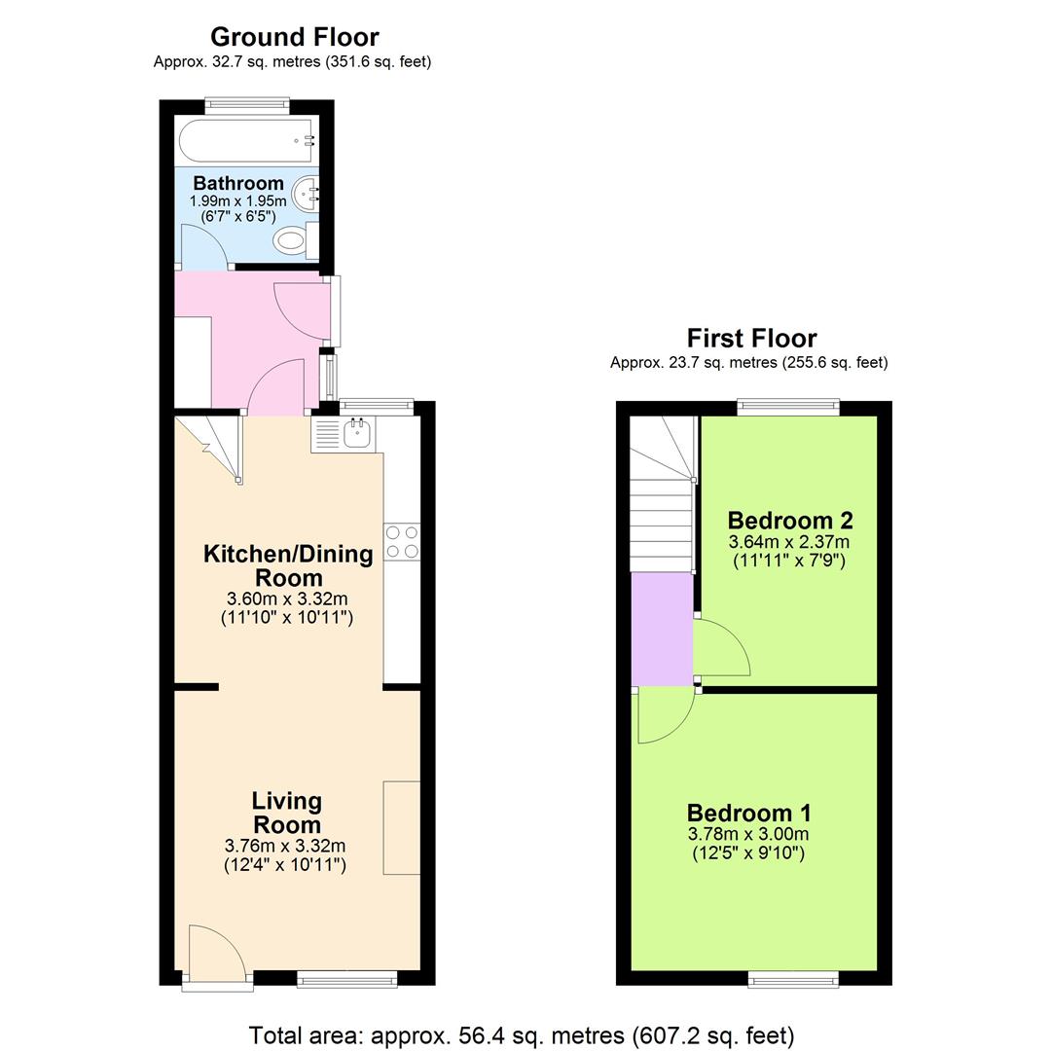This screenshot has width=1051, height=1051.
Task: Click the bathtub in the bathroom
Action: click(246, 142)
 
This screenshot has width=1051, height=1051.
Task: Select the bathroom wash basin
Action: click(308, 193)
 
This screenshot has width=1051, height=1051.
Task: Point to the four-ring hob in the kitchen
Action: click(402, 542)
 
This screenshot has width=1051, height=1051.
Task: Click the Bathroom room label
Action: click(238, 183)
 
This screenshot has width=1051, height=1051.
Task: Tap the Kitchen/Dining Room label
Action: click(287, 565)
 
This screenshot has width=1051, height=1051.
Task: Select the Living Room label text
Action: click(286, 813)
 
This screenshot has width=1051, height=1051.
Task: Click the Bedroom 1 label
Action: click(748, 813)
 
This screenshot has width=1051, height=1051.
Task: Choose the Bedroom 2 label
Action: click(789, 520)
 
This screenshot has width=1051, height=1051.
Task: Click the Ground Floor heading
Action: click(294, 37)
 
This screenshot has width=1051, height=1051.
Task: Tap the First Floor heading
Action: click(751, 338)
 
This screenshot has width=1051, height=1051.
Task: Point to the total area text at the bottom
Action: click(522, 1034)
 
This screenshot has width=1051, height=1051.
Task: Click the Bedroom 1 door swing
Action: click(662, 714)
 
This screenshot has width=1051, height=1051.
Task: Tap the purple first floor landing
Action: click(662, 629)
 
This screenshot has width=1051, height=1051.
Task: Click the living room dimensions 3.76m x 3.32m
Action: click(285, 846)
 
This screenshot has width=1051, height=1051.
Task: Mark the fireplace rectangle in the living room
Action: click(401, 827)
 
